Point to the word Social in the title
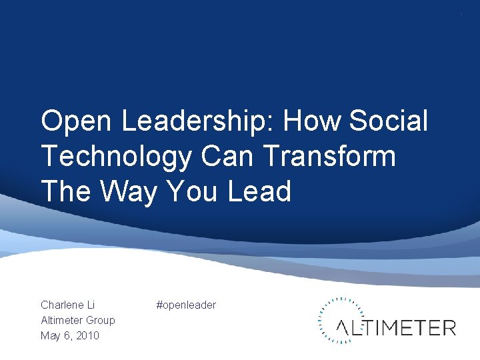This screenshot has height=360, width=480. click(391, 122)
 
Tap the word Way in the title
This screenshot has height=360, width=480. click(128, 192)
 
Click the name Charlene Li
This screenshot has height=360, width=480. click(68, 305)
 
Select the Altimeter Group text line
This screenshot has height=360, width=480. click(77, 320)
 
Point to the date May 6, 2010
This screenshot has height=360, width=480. click(69, 335)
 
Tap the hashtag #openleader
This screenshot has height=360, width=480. click(186, 305)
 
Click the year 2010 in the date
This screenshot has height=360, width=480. click(87, 335)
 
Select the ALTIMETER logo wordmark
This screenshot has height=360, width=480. click(396, 327)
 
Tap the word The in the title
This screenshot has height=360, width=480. click(64, 192)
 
